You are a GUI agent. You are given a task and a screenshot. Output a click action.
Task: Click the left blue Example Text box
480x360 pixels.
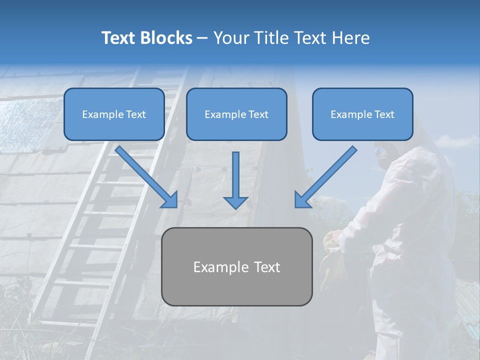click(x=114, y=114)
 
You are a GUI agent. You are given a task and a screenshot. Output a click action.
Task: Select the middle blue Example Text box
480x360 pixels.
click(x=236, y=114)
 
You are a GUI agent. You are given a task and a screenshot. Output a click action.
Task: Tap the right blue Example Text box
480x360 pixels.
click(x=363, y=114)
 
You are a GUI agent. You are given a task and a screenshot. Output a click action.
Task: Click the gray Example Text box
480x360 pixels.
click(x=237, y=266)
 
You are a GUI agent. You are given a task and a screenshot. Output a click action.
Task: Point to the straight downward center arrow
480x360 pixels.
click(x=235, y=180)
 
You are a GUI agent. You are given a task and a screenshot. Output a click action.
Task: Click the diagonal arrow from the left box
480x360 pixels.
click(x=146, y=177)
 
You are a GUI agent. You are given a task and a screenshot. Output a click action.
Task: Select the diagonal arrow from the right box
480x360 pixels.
click(x=325, y=177)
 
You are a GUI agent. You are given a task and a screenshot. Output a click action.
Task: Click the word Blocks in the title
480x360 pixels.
click(x=166, y=37)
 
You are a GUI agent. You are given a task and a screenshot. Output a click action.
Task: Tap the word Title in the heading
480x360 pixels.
click(x=272, y=37)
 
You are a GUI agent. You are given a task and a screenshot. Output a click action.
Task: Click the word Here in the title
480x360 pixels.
click(x=351, y=37)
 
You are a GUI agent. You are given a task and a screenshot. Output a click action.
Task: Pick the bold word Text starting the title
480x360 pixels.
click(x=118, y=37)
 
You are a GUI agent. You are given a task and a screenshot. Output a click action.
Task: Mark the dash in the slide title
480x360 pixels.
click(x=202, y=38)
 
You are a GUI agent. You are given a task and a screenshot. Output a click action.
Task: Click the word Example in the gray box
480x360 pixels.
click(x=217, y=267)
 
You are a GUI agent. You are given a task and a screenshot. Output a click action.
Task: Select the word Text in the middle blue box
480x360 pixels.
click(x=258, y=114)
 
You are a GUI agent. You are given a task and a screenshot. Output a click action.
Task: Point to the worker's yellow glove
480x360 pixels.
click(x=330, y=260)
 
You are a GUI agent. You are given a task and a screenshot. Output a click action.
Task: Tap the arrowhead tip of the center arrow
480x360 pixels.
click(x=235, y=209)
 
